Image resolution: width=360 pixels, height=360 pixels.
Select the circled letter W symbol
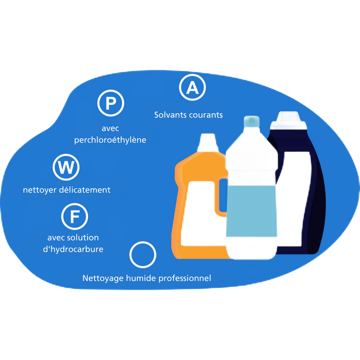click(66, 168)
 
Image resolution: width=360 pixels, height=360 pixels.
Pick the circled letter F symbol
click(75, 216)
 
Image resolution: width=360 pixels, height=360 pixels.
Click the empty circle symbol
click(143, 255)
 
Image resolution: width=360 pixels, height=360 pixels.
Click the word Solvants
click(171, 115)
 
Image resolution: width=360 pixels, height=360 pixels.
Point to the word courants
click(206, 115)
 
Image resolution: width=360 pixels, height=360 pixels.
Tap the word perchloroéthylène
click(110, 140)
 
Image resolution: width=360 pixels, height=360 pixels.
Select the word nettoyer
click(40, 190)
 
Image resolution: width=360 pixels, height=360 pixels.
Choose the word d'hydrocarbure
click(73, 249)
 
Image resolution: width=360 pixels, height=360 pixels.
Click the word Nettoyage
click(102, 279)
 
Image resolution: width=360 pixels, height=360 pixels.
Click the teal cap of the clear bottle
click(251, 121)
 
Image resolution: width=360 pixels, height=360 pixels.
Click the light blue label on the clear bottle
click(251, 211)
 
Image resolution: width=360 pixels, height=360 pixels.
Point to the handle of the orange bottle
click(221, 196)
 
